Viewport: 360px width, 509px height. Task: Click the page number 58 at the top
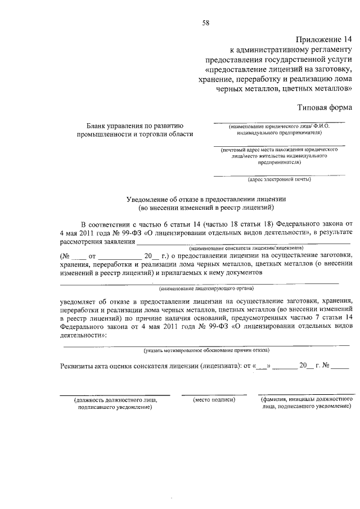tap(206, 23)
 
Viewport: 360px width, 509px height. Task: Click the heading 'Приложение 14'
tap(323, 39)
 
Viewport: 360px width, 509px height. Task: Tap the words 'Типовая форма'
tap(325, 107)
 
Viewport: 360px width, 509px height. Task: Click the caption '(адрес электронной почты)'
tap(280, 179)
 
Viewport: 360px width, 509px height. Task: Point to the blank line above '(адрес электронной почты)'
tap(280, 175)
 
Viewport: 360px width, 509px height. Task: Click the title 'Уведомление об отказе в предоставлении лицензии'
tap(206, 199)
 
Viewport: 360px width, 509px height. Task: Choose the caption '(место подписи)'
tap(214, 399)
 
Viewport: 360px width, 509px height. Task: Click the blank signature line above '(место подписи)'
tap(214, 394)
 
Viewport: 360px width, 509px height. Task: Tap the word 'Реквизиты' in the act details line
tap(79, 367)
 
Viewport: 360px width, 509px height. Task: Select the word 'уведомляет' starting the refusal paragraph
tap(79, 301)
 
